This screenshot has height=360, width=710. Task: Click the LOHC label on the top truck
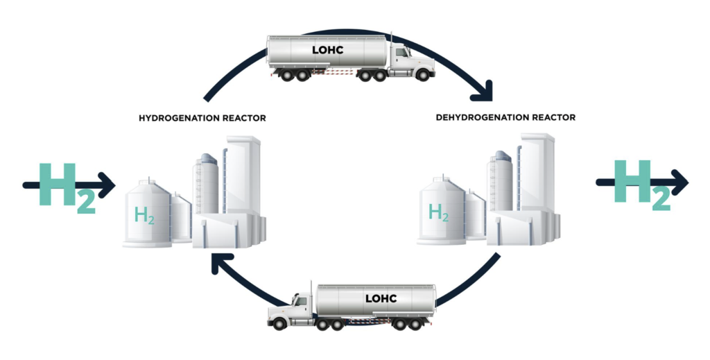[x=328, y=50]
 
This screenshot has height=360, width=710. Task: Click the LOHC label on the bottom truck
[x=381, y=298]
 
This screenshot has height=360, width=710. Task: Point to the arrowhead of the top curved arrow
[x=483, y=93]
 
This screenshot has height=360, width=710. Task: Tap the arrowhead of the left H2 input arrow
[x=107, y=185]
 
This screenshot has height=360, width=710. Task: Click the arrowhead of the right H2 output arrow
[x=679, y=182]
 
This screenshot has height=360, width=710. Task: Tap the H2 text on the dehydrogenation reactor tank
[x=439, y=212]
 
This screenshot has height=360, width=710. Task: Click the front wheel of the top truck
[x=422, y=75]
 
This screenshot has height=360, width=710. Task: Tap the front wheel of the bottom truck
[x=279, y=324]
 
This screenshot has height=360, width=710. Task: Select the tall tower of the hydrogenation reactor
[x=243, y=174]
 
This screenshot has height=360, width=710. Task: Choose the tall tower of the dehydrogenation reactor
[x=537, y=171]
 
